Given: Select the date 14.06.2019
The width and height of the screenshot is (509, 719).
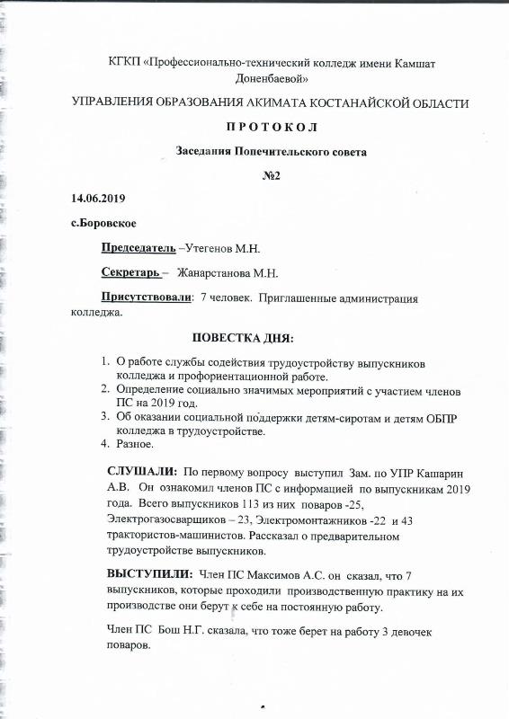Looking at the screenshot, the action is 100,197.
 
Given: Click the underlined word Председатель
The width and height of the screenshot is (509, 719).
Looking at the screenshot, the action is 137,247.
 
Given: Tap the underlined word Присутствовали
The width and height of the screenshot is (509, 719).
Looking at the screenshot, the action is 146,297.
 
